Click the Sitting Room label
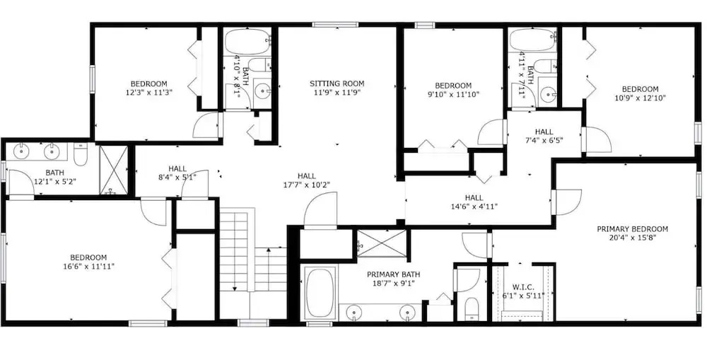tap(337, 83)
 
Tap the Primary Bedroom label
tap(632, 229)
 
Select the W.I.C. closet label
tap(523, 287)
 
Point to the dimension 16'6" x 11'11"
tap(89, 266)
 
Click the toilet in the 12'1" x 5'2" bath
tap(81, 155)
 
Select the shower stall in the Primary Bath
tap(382, 243)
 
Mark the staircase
tap(252, 262)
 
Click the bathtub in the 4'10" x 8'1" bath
tap(247, 42)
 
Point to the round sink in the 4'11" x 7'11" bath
tap(549, 95)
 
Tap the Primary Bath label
tap(393, 274)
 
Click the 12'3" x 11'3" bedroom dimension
tap(148, 92)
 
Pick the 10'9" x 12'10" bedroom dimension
tap(640, 98)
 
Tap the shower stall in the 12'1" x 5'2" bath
tap(113, 170)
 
